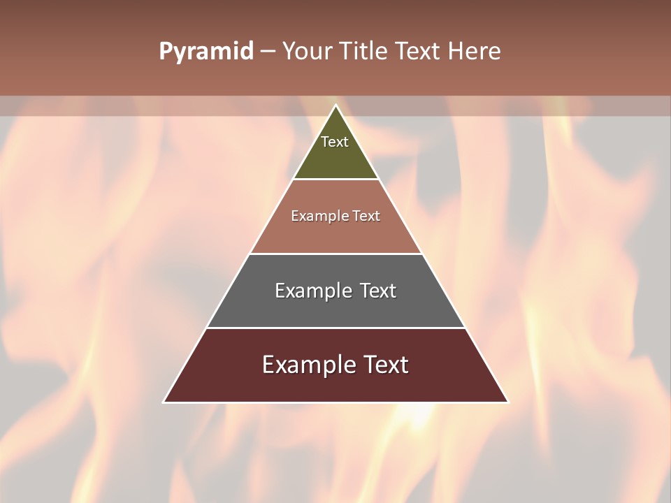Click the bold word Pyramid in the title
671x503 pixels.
[x=205, y=52]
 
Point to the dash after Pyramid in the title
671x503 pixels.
[x=268, y=52]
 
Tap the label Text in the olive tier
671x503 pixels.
[x=335, y=142]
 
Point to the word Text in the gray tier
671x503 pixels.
[x=378, y=291]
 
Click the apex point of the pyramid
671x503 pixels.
[x=335, y=105]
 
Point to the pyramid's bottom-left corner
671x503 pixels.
[x=164, y=402]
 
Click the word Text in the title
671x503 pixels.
[x=418, y=52]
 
